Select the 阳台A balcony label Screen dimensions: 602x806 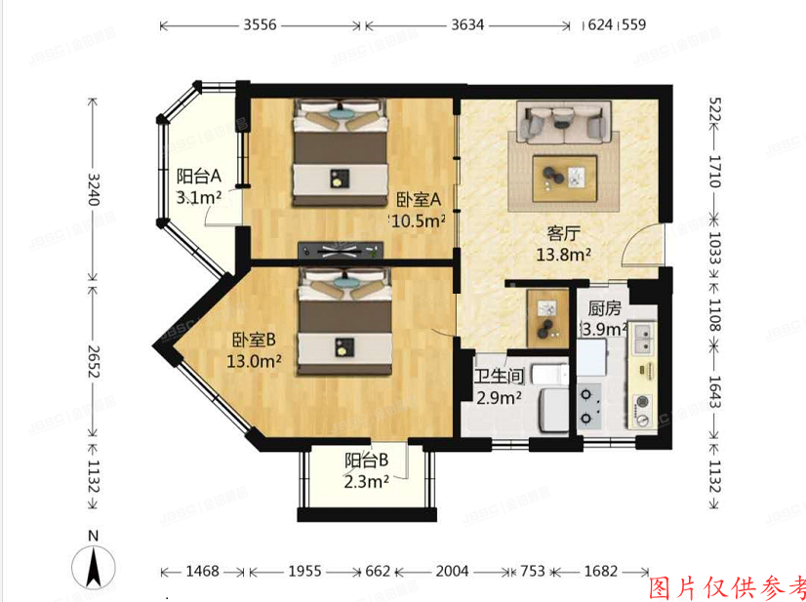199,177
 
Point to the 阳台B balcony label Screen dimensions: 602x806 367,460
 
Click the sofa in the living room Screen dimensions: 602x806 563,123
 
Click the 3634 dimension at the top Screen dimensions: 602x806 468,25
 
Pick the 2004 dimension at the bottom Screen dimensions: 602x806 452,571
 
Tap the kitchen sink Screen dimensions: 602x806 644,340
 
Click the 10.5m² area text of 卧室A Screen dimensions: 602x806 420,221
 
